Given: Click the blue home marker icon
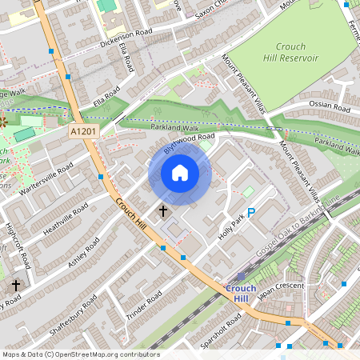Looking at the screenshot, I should (x=180, y=173).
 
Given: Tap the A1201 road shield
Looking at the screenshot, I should (x=82, y=131).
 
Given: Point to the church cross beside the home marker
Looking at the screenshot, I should (x=163, y=211).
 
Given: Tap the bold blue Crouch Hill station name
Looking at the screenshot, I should (x=241, y=293).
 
